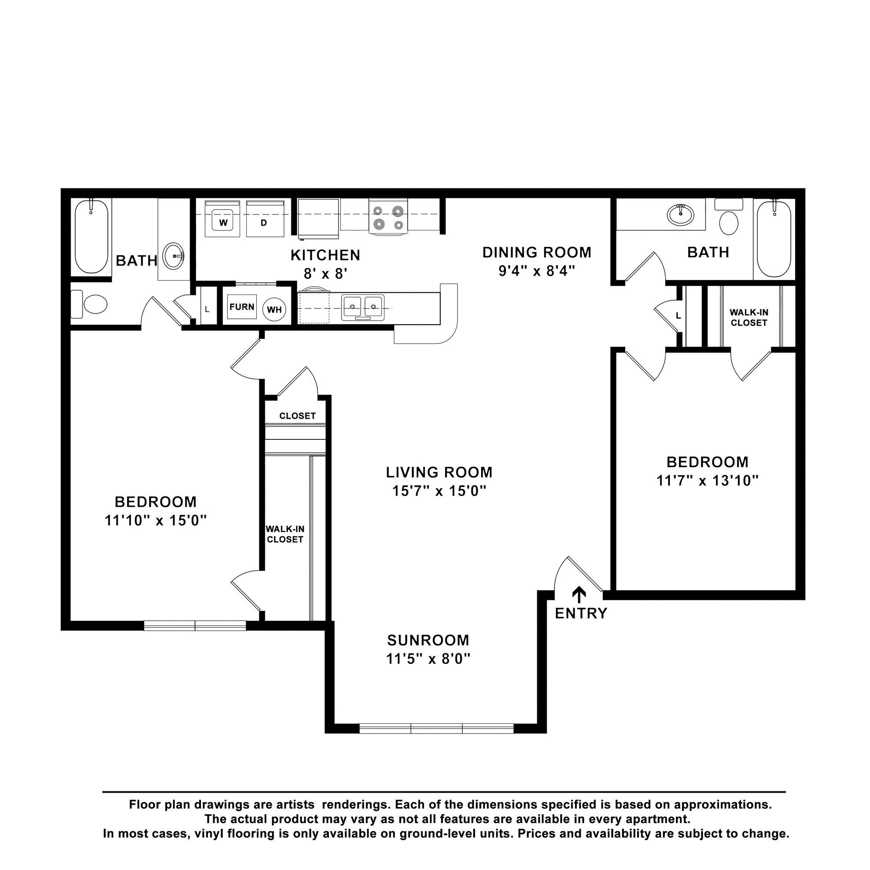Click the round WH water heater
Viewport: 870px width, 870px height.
click(274, 310)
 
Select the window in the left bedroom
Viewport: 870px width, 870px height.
click(195, 626)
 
